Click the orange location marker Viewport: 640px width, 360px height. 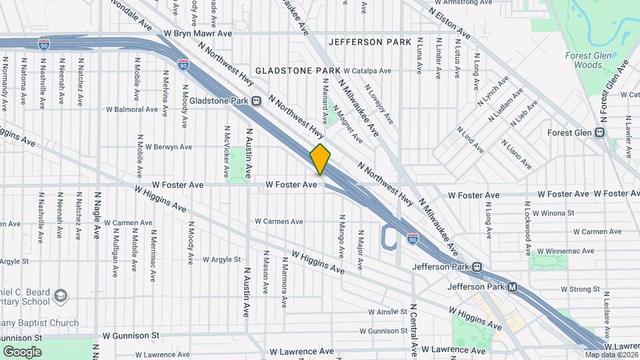321,159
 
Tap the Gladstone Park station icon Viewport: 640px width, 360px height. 256,101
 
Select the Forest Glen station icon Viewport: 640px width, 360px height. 600,132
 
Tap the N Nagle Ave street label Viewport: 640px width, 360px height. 97,213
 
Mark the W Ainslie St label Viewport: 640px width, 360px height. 387,311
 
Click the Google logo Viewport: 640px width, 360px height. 22,352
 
